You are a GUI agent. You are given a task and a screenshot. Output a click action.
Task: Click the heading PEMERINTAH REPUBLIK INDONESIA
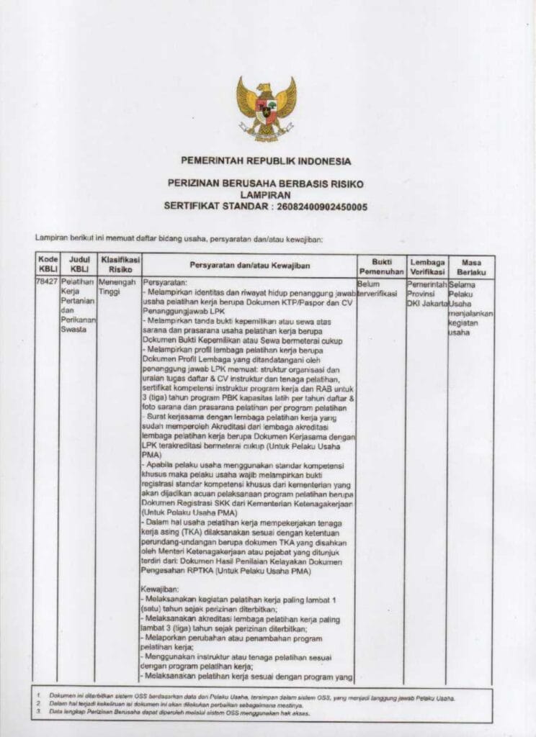[267, 160]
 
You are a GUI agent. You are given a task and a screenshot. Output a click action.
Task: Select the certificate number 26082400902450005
[322, 207]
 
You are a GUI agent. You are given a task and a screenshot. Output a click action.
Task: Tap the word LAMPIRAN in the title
[267, 195]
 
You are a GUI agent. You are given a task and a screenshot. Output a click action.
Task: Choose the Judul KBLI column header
[78, 263]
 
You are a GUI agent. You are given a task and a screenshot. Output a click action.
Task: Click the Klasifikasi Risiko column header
[119, 263]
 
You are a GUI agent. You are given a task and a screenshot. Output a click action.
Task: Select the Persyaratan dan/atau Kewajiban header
[249, 266]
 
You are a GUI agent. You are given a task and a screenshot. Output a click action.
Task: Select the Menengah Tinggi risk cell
[117, 288]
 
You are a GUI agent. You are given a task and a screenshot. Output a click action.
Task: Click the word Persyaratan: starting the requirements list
[165, 284]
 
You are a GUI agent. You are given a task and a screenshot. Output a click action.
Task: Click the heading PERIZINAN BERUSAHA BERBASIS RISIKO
[267, 184]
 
